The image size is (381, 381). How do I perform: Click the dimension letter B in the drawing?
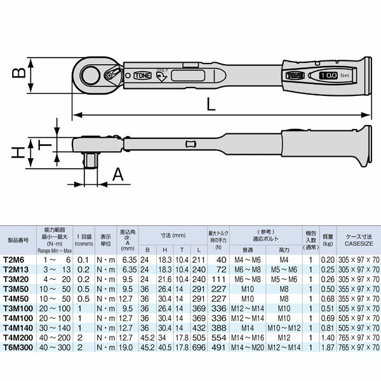coord(20,73)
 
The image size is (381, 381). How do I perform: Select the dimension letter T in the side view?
coord(43,144)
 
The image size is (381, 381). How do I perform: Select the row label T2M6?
coord(17,260)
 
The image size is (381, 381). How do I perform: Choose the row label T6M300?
coord(20,348)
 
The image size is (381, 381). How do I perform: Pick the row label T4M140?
coord(20,328)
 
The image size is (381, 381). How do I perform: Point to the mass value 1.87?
coord(328,348)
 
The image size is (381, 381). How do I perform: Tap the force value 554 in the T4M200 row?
coord(220,338)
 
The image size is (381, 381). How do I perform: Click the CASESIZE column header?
coord(359,242)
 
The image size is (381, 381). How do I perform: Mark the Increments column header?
coord(84,243)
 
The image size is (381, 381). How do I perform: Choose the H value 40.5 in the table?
coord(164,348)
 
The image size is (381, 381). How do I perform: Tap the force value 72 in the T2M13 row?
coord(222,269)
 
